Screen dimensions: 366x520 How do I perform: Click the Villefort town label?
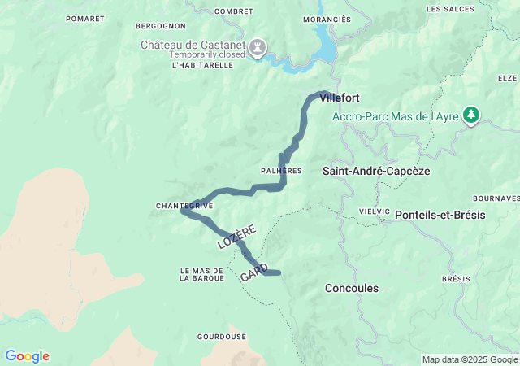point(340,98)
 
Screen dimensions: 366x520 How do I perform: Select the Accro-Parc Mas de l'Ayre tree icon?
point(470,115)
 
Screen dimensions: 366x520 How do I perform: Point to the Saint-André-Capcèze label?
point(376,172)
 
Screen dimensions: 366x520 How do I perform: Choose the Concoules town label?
point(351,288)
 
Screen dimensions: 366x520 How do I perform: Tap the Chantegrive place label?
point(184,206)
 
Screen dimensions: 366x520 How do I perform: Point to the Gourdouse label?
point(222,336)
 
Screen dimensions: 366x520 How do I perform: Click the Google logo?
point(27,356)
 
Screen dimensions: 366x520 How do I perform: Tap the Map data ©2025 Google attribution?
point(470,359)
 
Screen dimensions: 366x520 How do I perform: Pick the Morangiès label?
point(327,19)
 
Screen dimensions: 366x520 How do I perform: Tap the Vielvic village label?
point(375,211)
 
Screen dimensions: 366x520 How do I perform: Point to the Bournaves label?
point(496,198)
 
